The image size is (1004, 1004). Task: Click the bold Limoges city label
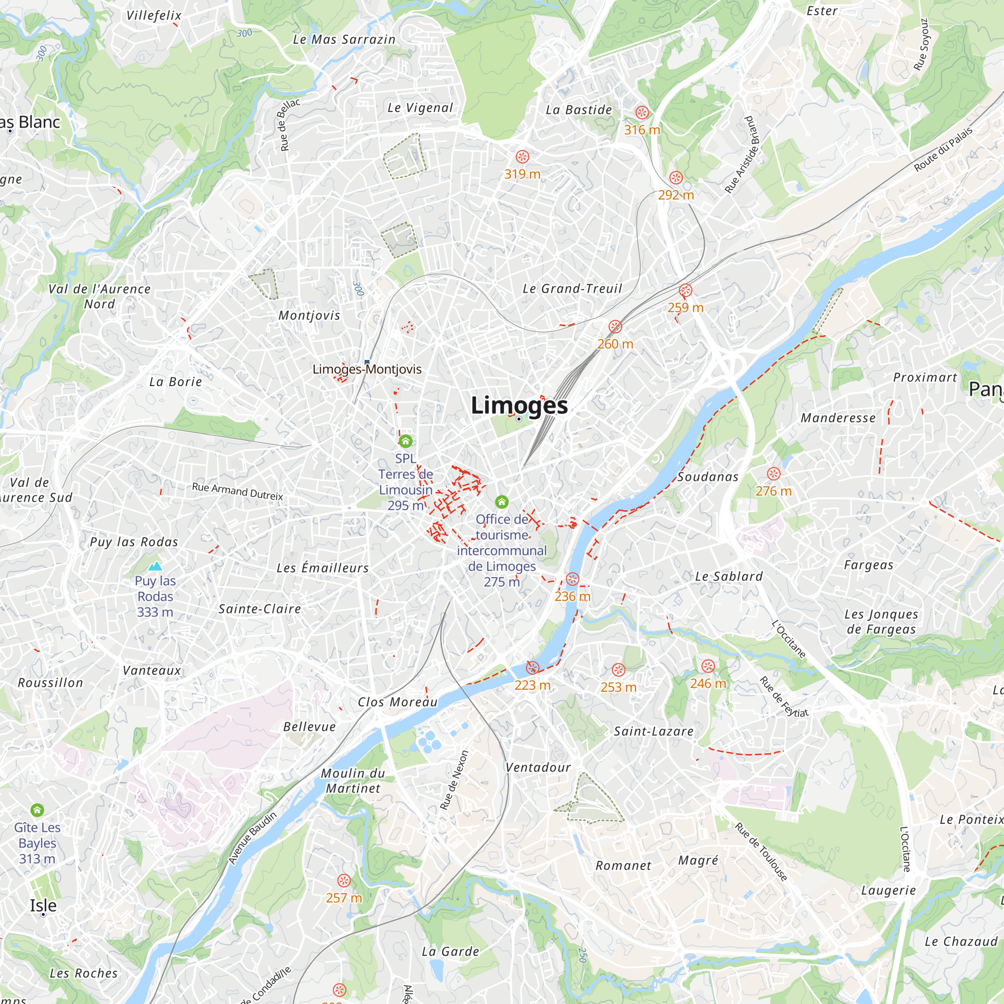point(519,406)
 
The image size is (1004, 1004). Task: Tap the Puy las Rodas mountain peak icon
point(155,566)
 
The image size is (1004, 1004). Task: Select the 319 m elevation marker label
point(522,174)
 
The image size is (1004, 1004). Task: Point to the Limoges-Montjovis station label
point(367,369)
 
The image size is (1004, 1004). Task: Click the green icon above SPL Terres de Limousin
point(405,442)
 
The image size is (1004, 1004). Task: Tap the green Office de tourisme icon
point(501,502)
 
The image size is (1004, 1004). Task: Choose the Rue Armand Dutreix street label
point(237,491)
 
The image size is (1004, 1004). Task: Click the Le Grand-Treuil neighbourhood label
point(572,289)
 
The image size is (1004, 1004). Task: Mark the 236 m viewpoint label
point(572,596)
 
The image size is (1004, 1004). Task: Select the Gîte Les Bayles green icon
point(37,810)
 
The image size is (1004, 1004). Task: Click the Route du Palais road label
point(943,149)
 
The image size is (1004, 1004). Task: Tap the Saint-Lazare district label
point(654,732)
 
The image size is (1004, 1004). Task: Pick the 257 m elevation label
point(343,898)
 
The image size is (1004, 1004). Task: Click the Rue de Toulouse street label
point(762,852)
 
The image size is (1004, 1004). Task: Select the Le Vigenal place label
point(420,108)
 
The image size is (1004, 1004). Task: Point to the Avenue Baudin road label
point(253,838)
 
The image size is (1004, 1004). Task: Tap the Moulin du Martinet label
point(353,781)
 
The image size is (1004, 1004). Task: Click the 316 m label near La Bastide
point(642,131)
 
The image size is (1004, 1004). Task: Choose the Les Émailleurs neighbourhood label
point(322,568)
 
